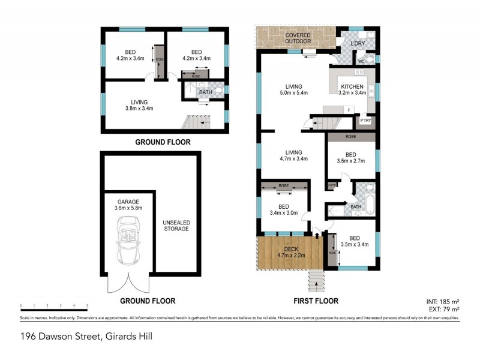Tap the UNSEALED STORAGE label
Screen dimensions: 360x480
[x=176, y=225]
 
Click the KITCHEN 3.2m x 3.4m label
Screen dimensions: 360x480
[x=352, y=89]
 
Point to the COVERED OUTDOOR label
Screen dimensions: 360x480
[x=298, y=38]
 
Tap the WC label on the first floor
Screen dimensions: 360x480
[x=362, y=61]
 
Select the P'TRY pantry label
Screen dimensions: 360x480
[x=365, y=121]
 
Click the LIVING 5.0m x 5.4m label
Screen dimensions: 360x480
[x=293, y=89]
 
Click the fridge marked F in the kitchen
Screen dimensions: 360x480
[x=348, y=110]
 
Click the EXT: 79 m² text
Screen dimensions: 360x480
[x=443, y=308]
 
